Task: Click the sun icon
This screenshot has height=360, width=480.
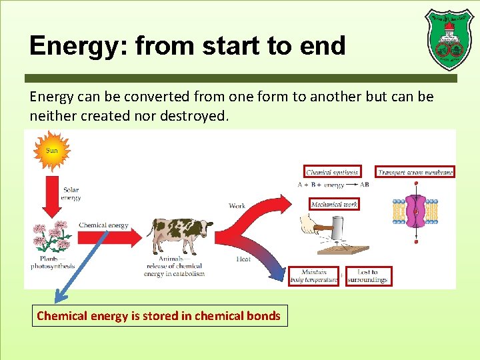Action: [51, 151]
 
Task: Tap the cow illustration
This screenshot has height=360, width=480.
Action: [179, 235]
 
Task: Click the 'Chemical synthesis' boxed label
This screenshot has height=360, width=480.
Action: [332, 172]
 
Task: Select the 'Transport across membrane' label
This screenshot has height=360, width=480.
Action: [415, 172]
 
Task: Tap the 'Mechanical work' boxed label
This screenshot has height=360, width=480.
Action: [334, 204]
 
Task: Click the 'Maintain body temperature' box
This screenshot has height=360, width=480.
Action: [313, 276]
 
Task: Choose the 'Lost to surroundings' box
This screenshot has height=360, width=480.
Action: [367, 276]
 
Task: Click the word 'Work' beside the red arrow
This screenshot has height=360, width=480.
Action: [237, 206]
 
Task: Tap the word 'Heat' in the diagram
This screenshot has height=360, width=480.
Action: [243, 259]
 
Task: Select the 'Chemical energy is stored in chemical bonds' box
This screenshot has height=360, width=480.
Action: [159, 316]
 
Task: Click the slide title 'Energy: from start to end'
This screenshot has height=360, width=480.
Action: [187, 46]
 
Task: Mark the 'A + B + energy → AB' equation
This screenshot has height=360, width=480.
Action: [333, 185]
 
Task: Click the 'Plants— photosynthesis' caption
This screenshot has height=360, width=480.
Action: [53, 262]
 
